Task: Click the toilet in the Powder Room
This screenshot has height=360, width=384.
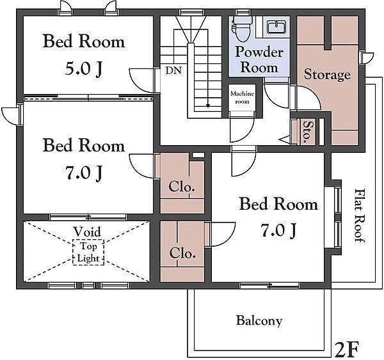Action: (242, 28)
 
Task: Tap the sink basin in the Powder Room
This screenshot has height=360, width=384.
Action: (276, 26)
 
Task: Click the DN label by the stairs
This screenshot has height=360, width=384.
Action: (173, 70)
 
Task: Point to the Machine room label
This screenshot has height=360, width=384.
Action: (242, 97)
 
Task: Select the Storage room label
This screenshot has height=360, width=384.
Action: (327, 75)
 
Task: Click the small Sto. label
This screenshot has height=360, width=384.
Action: (307, 132)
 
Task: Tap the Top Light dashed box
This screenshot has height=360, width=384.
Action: (88, 253)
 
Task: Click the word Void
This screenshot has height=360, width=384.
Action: (87, 231)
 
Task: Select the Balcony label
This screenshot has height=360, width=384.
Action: (259, 320)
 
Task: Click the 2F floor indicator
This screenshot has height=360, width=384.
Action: (346, 350)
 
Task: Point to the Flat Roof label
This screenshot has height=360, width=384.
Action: (360, 215)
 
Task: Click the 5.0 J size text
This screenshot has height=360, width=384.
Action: (83, 69)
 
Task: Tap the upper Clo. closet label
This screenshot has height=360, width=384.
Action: (182, 187)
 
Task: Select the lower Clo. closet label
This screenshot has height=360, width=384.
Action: (182, 253)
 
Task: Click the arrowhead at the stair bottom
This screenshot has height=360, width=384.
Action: (208, 106)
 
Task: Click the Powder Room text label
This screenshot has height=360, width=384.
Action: (259, 59)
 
